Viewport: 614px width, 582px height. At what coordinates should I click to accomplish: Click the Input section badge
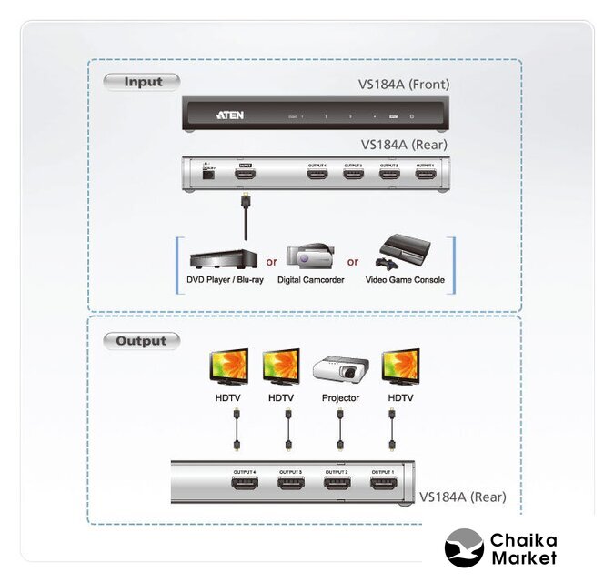coord(142,82)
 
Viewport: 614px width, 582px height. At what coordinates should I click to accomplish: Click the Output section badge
coord(142,341)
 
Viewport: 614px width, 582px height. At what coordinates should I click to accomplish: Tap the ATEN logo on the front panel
coord(229,115)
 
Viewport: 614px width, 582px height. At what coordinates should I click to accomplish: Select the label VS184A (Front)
coord(404,85)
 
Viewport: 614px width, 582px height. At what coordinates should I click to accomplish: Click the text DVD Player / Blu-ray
coord(219,280)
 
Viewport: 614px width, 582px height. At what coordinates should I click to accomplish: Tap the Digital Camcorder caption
coord(310,280)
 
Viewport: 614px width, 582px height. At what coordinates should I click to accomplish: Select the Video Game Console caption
coord(405,280)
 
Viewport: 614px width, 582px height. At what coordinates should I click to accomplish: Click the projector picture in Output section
coord(339,369)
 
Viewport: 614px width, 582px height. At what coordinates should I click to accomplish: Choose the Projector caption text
coord(340,398)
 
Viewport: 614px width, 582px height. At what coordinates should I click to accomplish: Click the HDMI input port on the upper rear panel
coord(244,174)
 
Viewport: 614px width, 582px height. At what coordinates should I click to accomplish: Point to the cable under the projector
coord(340,428)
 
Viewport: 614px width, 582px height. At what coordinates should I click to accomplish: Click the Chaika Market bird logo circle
coord(464,548)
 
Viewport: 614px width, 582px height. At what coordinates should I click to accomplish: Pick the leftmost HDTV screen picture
coord(229,367)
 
